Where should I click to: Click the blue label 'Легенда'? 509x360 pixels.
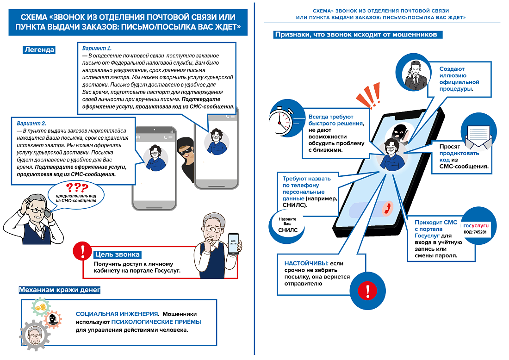39,50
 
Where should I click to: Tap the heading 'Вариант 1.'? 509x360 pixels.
96,48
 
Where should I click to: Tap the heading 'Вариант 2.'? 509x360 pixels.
31,124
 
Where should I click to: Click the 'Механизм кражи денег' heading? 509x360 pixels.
59,290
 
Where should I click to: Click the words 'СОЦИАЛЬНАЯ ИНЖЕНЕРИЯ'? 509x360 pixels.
117,314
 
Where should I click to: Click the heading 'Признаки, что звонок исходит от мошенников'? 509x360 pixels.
359,35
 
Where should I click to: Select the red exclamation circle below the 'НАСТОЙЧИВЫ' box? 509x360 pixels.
368,291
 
